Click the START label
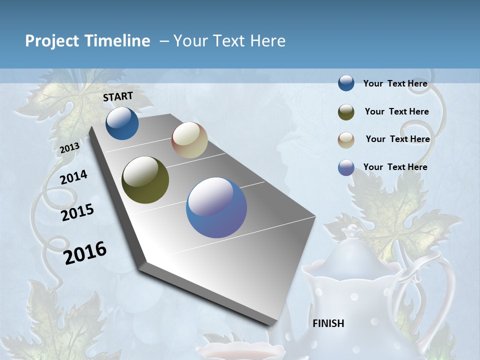(118, 96)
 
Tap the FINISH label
(328, 323)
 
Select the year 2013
(69, 148)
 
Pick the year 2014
(73, 177)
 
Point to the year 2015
(77, 212)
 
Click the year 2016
(85, 253)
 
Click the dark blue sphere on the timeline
(122, 123)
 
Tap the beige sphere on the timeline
(189, 140)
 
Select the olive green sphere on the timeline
(145, 180)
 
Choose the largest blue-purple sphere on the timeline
(216, 207)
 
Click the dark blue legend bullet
(346, 83)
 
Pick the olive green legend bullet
(346, 112)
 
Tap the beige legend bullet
(346, 140)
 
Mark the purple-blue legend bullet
(346, 167)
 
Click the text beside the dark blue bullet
(395, 83)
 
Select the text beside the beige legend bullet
(397, 139)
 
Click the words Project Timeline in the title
(87, 41)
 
